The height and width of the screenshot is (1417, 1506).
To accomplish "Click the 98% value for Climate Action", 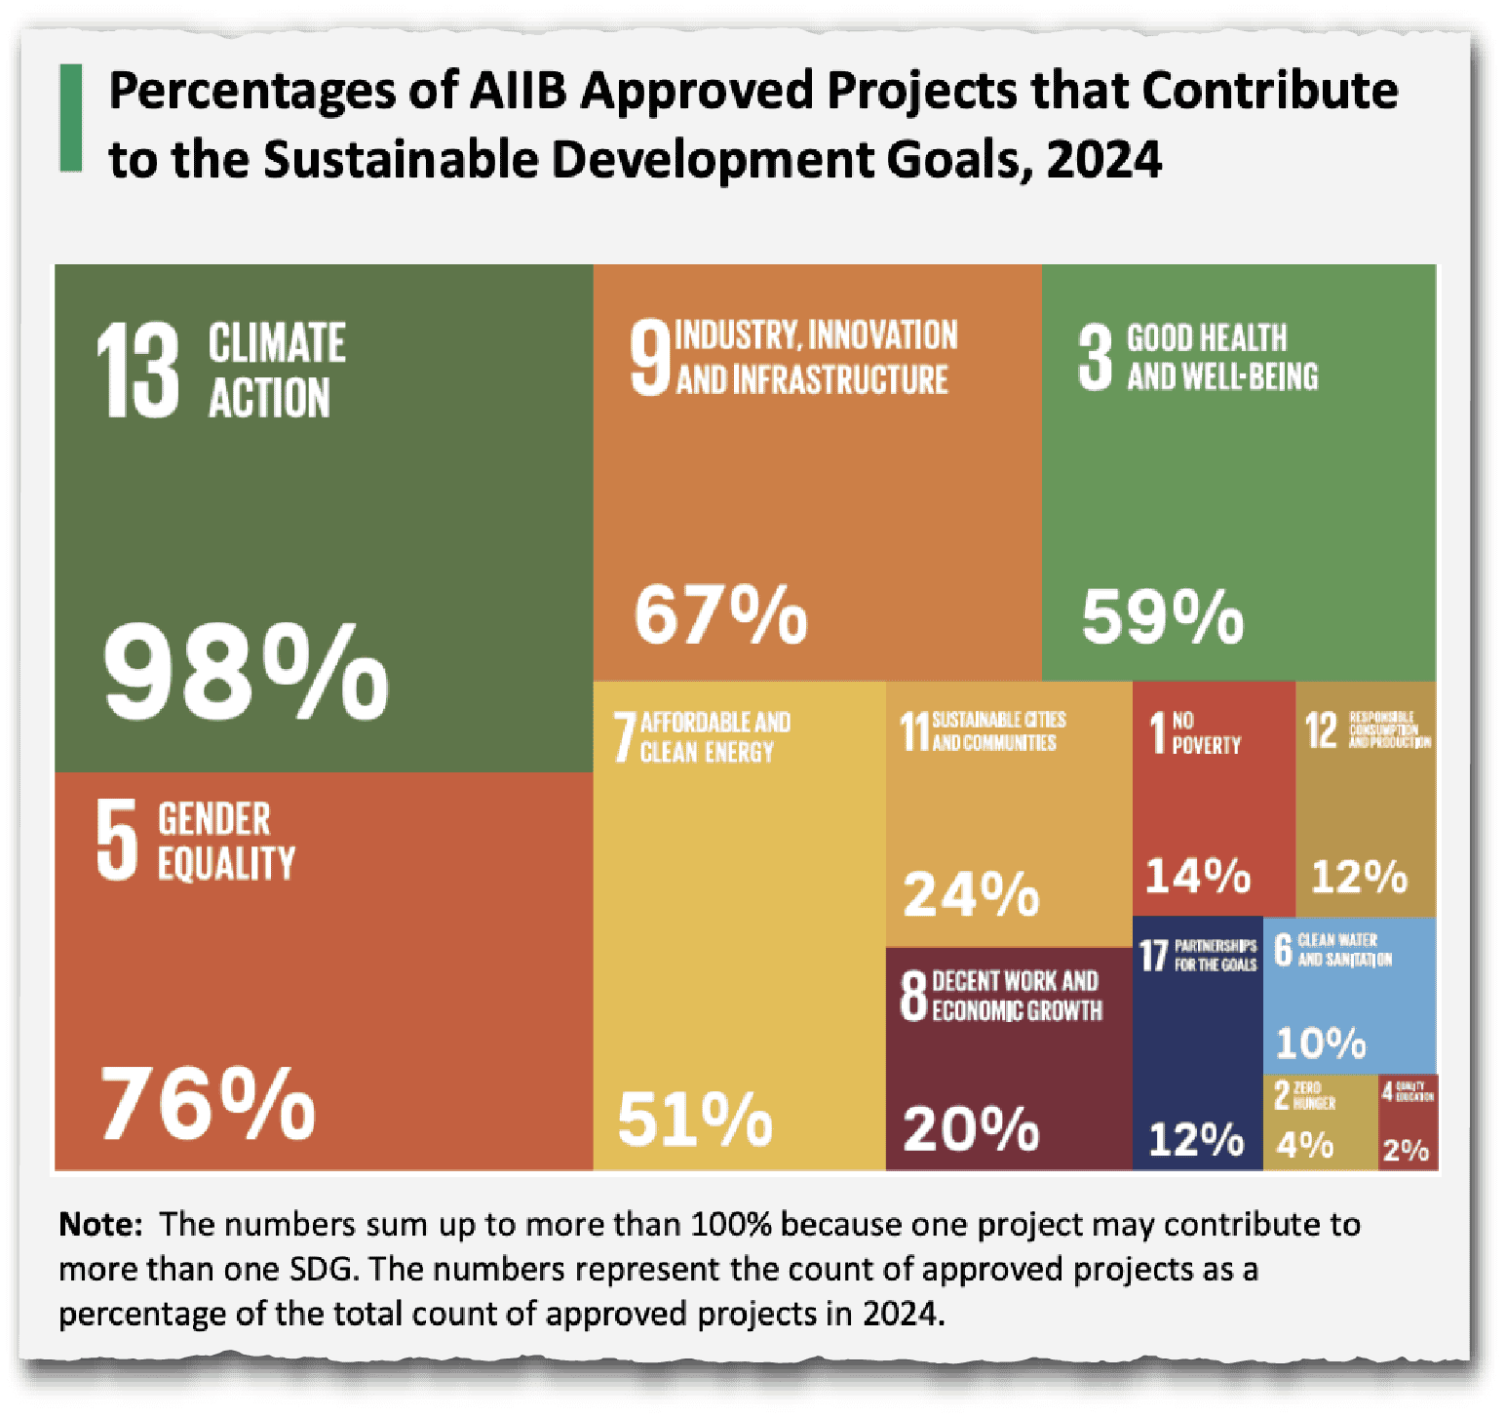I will click(246, 672).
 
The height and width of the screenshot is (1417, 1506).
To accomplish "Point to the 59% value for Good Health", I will click(1162, 616).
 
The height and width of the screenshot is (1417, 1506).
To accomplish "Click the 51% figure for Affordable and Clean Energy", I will click(694, 1119).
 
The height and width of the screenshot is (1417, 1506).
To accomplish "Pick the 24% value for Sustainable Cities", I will click(971, 893).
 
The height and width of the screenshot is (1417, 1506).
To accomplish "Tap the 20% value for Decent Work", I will click(971, 1128).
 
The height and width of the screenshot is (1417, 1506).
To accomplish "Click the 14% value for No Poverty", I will click(1197, 875).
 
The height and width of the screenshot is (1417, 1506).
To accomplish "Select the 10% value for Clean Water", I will click(1321, 1043).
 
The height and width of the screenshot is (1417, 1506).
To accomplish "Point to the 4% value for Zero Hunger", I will click(1304, 1144).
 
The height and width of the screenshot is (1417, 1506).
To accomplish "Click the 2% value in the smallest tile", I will click(1406, 1151).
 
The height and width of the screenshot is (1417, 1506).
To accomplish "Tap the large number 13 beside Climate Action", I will click(137, 372).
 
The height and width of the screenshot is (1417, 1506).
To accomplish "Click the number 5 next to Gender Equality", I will click(117, 839).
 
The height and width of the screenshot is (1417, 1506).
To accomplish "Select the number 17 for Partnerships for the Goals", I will click(1153, 956).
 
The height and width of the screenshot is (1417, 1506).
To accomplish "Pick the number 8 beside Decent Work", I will click(913, 995).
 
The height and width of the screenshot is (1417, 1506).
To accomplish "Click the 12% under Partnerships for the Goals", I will click(1196, 1139).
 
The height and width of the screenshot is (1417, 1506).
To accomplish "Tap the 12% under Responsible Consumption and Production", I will click(1359, 876).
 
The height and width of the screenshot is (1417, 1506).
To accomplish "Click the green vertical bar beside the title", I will click(71, 118).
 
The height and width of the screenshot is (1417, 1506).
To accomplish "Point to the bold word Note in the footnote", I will click(100, 1224).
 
